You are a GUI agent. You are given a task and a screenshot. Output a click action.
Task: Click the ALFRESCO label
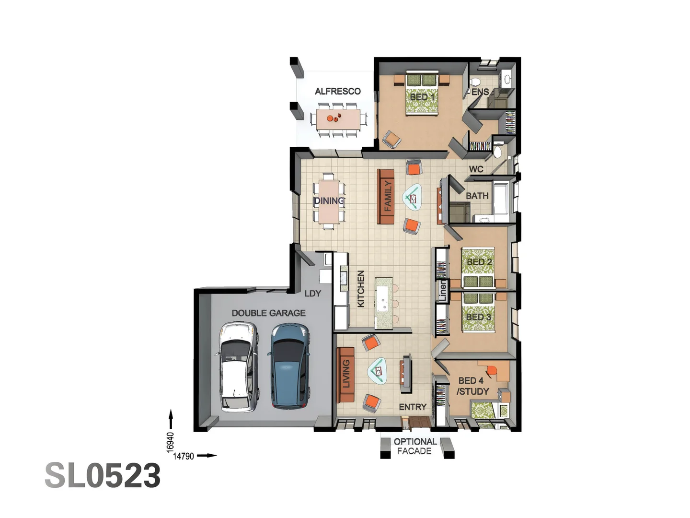click(x=337, y=91)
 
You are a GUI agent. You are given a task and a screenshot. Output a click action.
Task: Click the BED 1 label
click(x=422, y=97)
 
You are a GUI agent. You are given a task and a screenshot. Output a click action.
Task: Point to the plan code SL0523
click(x=103, y=476)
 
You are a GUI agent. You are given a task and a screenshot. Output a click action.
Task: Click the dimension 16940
click(x=170, y=442)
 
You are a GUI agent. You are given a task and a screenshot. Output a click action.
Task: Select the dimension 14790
click(x=184, y=456)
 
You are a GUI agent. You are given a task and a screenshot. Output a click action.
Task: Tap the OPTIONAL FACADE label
click(x=415, y=447)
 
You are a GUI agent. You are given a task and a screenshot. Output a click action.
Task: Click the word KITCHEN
click(x=361, y=289)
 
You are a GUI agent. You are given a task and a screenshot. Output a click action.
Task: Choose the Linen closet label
click(x=443, y=291)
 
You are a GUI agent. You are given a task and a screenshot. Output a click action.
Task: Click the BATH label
click(x=477, y=196)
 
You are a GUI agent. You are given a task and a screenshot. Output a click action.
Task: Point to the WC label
click(x=476, y=169)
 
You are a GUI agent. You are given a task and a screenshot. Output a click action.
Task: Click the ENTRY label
click(x=413, y=407)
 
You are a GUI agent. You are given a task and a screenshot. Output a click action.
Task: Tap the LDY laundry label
click(x=312, y=294)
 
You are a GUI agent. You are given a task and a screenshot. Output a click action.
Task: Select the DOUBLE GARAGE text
click(x=268, y=313)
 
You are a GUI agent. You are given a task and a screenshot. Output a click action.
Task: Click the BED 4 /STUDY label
click(x=472, y=386)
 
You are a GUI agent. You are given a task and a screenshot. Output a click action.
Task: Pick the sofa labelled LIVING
click(x=345, y=375)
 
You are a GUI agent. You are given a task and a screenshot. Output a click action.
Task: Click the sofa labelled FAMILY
click(x=386, y=196)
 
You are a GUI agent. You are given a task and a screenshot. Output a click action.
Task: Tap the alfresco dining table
click(x=338, y=118)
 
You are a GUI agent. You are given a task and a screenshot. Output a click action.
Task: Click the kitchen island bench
click(x=384, y=303)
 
